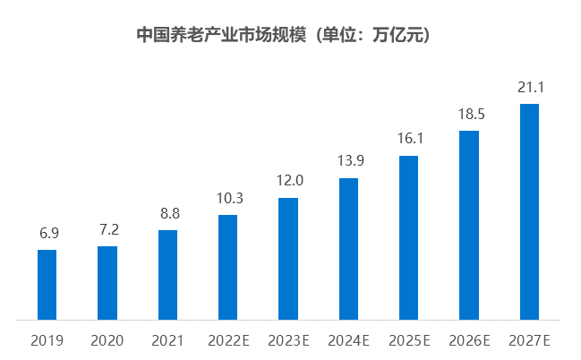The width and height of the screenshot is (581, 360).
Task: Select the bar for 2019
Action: pyautogui.click(x=47, y=284)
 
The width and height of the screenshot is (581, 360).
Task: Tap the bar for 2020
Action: pyautogui.click(x=107, y=282)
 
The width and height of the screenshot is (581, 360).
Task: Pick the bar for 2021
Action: pyautogui.click(x=167, y=274)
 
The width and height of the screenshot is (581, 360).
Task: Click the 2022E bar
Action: pyautogui.click(x=228, y=267)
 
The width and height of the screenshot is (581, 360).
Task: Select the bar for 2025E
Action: pyautogui.click(x=408, y=237)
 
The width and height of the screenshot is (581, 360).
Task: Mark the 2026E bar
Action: pyautogui.click(x=469, y=225)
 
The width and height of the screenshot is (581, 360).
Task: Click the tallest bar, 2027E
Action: pyautogui.click(x=529, y=211)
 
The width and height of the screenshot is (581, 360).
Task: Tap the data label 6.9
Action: pyautogui.click(x=47, y=233)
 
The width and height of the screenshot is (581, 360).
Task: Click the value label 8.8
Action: pyautogui.click(x=167, y=213)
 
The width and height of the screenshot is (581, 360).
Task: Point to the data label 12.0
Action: pyautogui.click(x=288, y=180)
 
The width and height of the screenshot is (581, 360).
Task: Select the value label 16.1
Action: pyautogui.click(x=408, y=139)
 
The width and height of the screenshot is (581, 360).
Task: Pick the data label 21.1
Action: pyautogui.click(x=529, y=87)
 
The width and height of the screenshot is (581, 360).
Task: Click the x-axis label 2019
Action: pyautogui.click(x=47, y=340)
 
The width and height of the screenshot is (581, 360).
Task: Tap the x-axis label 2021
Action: pyautogui.click(x=167, y=340)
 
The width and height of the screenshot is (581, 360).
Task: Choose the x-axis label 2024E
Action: pyautogui.click(x=348, y=340)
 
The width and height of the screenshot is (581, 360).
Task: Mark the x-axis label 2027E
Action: pyautogui.click(x=529, y=340)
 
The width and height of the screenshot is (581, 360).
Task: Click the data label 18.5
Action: pyautogui.click(x=469, y=114)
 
